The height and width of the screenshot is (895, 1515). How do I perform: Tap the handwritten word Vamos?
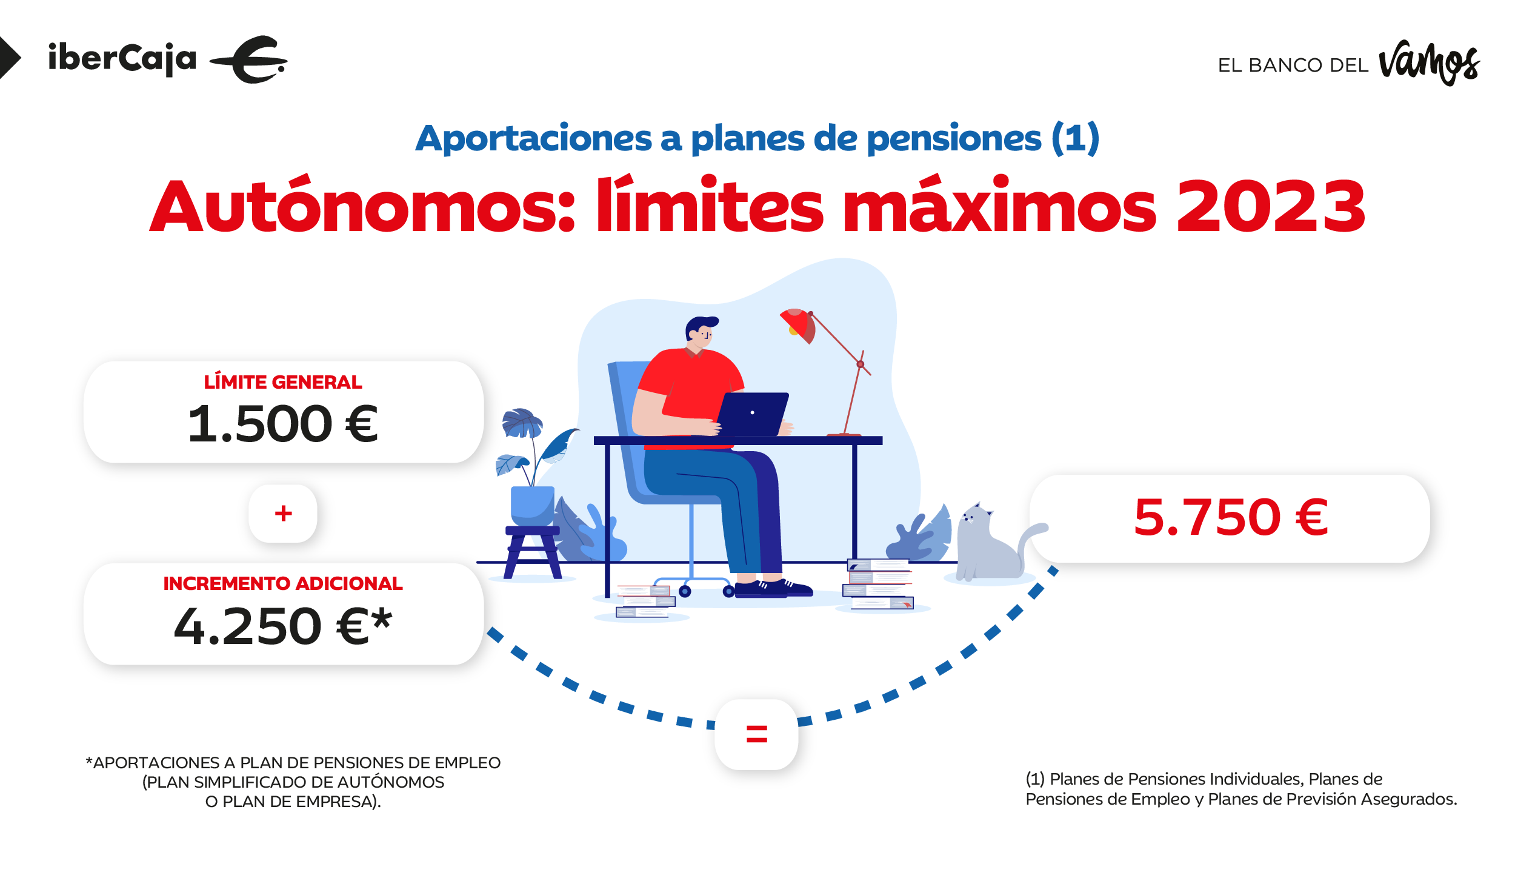(x=1429, y=63)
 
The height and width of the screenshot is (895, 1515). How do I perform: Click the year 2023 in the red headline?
(x=1271, y=207)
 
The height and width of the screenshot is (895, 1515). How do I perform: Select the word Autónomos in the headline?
(x=362, y=204)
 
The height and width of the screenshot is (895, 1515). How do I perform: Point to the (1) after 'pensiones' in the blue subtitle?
(x=1075, y=138)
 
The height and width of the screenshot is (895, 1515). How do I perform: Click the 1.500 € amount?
(x=283, y=424)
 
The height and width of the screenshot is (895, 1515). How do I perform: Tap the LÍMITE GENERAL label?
(x=283, y=382)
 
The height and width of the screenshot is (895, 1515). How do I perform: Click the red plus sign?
(x=283, y=514)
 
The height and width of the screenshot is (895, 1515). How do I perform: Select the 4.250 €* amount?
(x=283, y=626)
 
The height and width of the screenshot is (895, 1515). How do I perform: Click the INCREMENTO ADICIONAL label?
(x=283, y=583)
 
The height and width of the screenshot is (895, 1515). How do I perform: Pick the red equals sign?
(x=757, y=734)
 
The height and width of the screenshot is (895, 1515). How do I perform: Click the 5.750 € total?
(x=1231, y=518)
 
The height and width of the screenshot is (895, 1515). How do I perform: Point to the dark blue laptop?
(x=752, y=414)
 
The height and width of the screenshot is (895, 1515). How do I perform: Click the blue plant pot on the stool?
(x=532, y=506)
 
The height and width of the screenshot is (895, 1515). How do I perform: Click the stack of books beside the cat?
(x=879, y=585)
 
